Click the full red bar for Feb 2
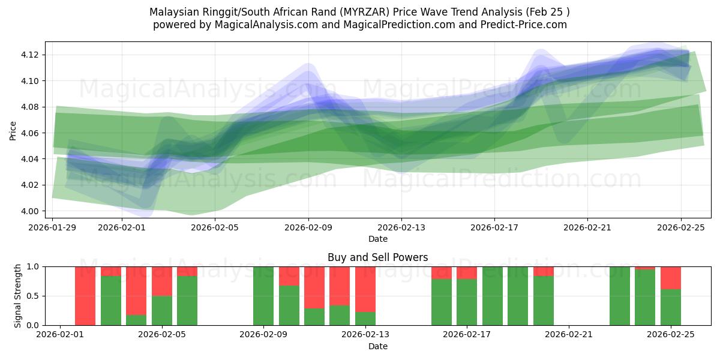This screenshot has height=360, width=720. (x=85, y=296)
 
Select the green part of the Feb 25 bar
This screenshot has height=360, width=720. (x=670, y=307)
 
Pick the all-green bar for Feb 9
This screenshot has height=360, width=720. (x=263, y=296)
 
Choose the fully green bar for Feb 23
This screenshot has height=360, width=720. (x=620, y=296)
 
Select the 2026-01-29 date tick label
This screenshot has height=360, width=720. (x=53, y=227)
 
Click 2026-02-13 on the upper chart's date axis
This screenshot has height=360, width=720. (x=401, y=227)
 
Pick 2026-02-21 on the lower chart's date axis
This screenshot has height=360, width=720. (x=569, y=335)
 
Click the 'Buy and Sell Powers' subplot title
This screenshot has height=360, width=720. (x=377, y=257)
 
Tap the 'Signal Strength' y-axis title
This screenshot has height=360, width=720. (x=18, y=296)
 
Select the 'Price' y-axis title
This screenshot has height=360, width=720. (x=13, y=130)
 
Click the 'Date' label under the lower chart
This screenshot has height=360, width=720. (x=377, y=346)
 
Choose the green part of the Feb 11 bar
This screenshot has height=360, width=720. (x=314, y=317)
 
